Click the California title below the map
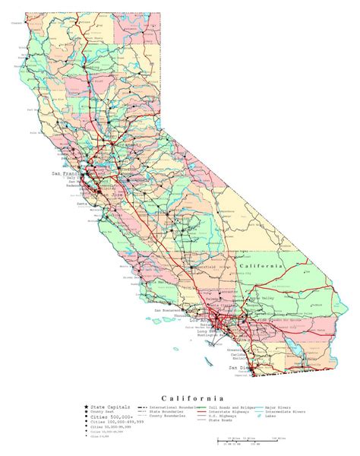pos(191,397)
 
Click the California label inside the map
pos(260,267)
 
